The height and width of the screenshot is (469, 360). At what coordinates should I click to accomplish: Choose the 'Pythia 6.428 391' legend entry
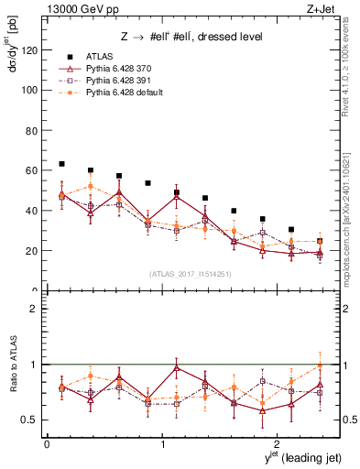point(117,82)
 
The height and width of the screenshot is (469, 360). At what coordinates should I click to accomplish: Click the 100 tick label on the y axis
point(32,90)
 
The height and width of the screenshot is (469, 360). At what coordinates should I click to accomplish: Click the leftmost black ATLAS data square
point(61,164)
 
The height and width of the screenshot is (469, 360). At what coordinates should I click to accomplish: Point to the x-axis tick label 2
point(279,444)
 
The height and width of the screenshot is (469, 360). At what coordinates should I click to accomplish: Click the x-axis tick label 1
point(163,444)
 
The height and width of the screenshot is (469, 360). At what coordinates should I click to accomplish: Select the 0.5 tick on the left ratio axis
point(32,420)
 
